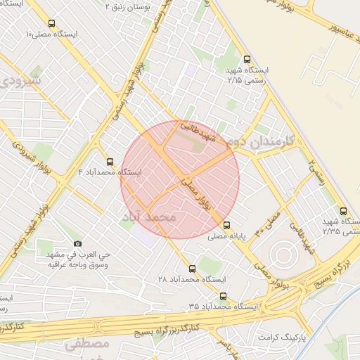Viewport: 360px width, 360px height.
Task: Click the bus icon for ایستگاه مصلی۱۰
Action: (x=51, y=23)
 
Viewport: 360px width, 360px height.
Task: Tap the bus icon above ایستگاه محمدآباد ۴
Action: (x=109, y=162)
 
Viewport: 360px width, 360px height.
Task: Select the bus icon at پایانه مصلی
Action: (x=226, y=226)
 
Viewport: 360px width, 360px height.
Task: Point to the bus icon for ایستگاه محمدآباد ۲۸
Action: (x=193, y=269)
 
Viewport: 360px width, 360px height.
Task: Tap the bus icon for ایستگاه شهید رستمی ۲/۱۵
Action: (x=245, y=60)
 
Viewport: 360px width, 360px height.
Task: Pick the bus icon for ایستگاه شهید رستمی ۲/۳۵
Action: (x=343, y=210)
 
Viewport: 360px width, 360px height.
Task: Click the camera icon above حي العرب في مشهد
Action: (x=77, y=243)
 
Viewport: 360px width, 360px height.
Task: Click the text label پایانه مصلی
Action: (x=226, y=238)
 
